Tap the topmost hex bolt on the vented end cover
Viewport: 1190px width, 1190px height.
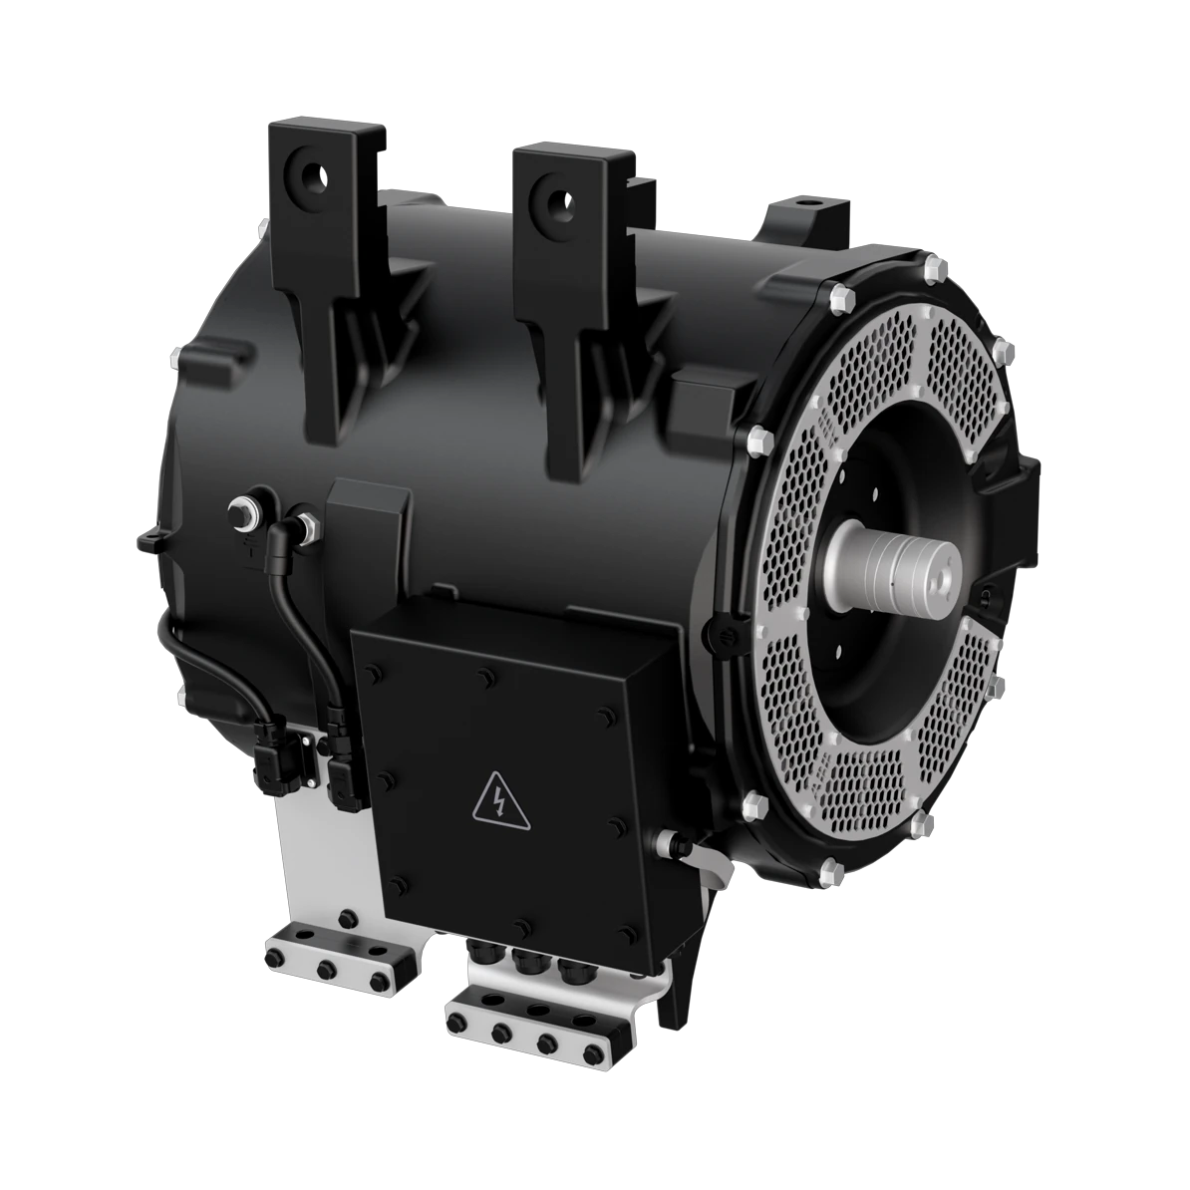[932, 269]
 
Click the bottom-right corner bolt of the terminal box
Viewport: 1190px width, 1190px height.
[624, 932]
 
